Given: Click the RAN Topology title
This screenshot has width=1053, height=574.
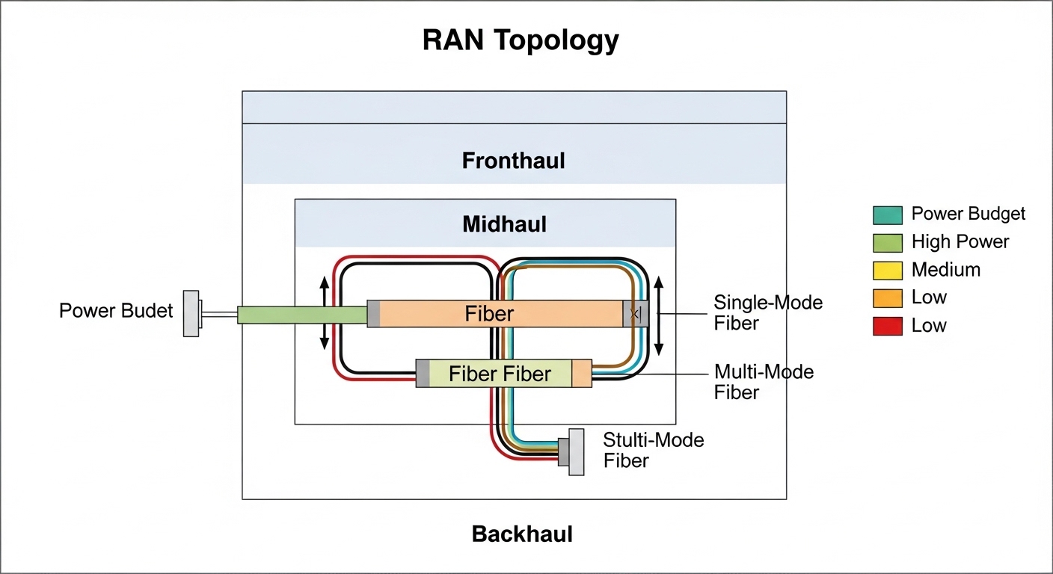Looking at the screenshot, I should point(521,40).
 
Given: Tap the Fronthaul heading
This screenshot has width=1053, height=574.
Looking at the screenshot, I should point(513,161).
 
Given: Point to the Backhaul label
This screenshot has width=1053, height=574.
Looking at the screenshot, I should point(522,534).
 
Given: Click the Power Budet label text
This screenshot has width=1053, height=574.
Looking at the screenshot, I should point(116,311).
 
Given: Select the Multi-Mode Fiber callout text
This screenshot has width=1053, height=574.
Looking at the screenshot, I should point(764,382).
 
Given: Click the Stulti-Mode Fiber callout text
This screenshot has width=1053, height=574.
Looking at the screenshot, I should point(653,450).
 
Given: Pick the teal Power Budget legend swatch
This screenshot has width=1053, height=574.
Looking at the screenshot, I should point(887,215).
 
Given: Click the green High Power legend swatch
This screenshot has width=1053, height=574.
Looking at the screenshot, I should point(887,242).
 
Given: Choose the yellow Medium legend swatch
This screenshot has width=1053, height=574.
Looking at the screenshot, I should point(887,270).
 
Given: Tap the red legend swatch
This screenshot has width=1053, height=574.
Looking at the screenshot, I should point(887,326).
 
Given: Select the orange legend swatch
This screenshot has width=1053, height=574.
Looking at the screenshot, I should point(887,298).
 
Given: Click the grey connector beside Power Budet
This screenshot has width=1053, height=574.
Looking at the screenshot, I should point(191,313).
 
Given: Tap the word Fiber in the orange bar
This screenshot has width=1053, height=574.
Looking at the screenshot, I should point(489,313).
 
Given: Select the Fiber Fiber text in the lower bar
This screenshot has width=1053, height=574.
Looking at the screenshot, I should point(500,374).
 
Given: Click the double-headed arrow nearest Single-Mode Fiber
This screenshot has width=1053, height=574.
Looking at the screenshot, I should point(659,315).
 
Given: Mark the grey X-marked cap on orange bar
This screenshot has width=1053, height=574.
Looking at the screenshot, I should point(635,314).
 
